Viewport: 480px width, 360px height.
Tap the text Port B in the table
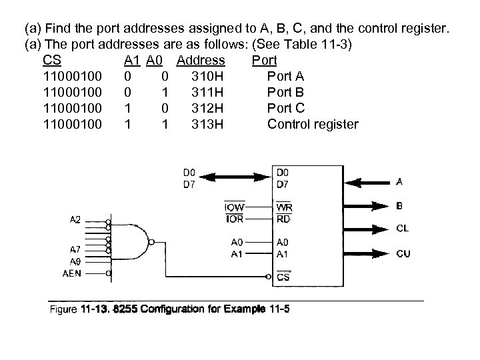pyautogui.click(x=285, y=91)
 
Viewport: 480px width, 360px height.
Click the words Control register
pyautogui.click(x=312, y=124)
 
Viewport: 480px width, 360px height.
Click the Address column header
pyautogui.click(x=201, y=61)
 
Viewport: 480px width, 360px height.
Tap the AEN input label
pyautogui.click(x=72, y=273)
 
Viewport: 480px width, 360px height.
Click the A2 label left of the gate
pyautogui.click(x=75, y=219)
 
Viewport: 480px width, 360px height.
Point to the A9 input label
pyautogui.click(x=75, y=261)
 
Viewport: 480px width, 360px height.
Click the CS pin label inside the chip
pyautogui.click(x=283, y=277)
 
